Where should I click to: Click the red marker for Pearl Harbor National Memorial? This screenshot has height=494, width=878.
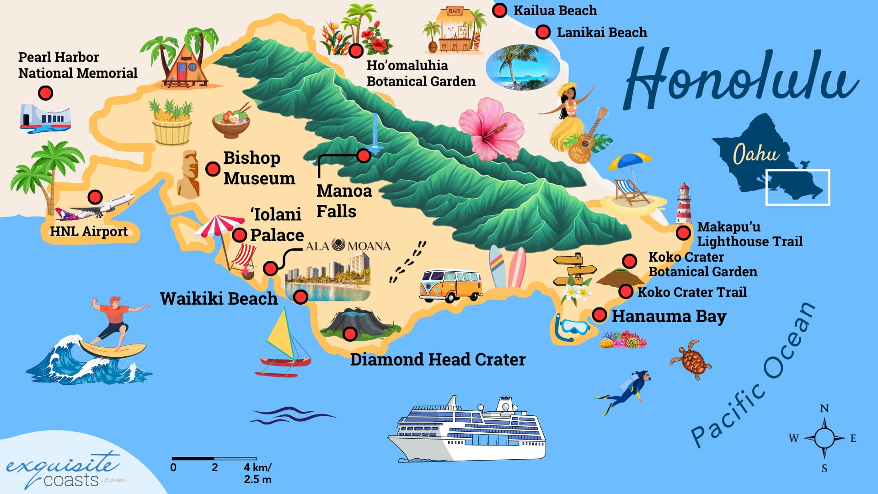click(x=45, y=93)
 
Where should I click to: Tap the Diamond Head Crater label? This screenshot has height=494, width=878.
click(x=438, y=360)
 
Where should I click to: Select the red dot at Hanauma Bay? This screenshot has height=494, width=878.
click(x=600, y=315)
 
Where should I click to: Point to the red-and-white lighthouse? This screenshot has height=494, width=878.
click(x=684, y=204)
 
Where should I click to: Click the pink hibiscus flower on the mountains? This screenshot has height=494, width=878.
click(x=492, y=129)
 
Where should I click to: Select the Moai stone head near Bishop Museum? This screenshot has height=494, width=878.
click(x=189, y=174)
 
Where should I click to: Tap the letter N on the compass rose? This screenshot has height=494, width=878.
click(x=824, y=408)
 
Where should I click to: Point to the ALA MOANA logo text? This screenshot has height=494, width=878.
click(x=348, y=246)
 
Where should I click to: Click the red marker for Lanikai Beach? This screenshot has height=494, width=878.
click(x=543, y=32)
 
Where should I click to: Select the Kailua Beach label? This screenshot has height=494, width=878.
click(x=555, y=11)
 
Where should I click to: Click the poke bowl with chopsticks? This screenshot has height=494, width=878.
click(x=231, y=122)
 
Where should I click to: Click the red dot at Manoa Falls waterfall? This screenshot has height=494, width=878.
click(x=364, y=156)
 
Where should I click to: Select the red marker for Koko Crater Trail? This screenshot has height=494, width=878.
click(x=626, y=291)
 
